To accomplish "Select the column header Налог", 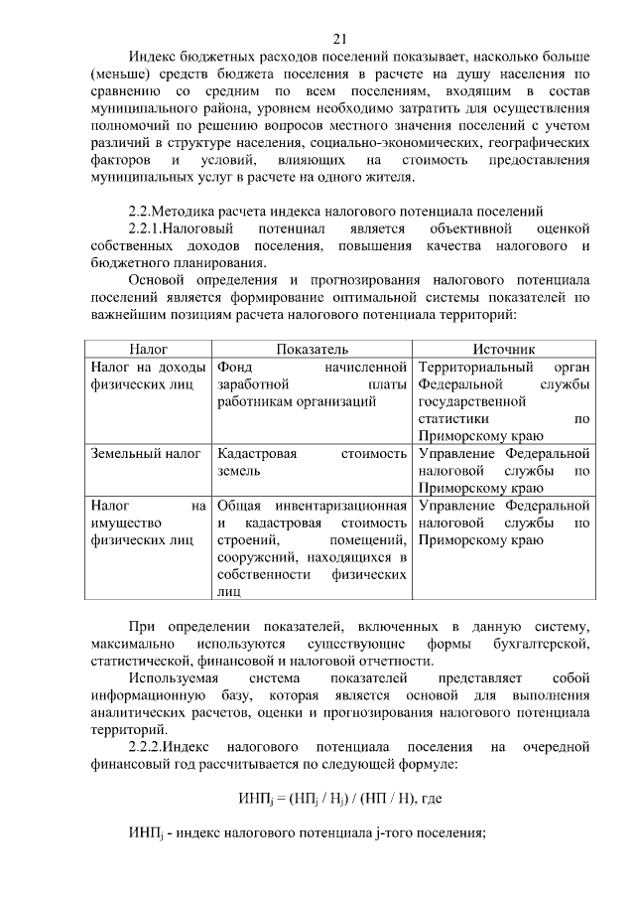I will coord(148,350).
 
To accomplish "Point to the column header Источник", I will coord(504,350).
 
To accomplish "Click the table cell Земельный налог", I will coord(140,453).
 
